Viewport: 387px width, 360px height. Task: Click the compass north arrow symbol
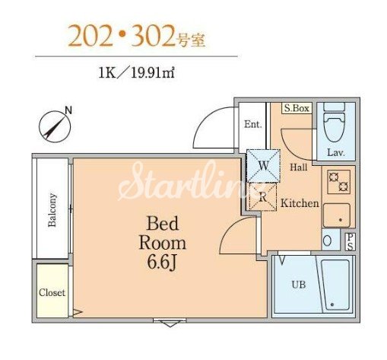(x=55, y=126)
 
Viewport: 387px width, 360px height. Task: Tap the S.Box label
(x=297, y=108)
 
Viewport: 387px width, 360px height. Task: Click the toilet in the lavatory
(x=335, y=123)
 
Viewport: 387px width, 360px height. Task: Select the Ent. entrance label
(x=252, y=124)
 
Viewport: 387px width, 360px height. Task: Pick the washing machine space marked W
(x=263, y=166)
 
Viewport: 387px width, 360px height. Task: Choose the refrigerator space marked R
(x=263, y=197)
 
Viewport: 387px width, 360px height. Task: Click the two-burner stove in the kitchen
(x=338, y=182)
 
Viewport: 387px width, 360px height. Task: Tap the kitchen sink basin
(x=337, y=215)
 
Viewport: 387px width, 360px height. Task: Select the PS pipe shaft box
(x=351, y=242)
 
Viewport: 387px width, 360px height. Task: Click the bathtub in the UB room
(x=335, y=285)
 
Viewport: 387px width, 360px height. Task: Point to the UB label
(x=299, y=285)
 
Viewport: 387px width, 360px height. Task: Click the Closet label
(x=52, y=292)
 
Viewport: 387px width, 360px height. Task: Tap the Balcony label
(x=52, y=210)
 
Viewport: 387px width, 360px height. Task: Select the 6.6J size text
(x=162, y=263)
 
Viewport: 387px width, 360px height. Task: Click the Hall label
(x=299, y=167)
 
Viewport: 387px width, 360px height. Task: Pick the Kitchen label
(x=300, y=203)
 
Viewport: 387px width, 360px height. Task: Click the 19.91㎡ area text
(x=153, y=74)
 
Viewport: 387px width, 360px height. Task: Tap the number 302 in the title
(x=153, y=37)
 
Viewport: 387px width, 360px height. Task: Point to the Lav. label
(x=336, y=152)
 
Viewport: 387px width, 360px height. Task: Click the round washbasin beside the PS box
(x=328, y=241)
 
